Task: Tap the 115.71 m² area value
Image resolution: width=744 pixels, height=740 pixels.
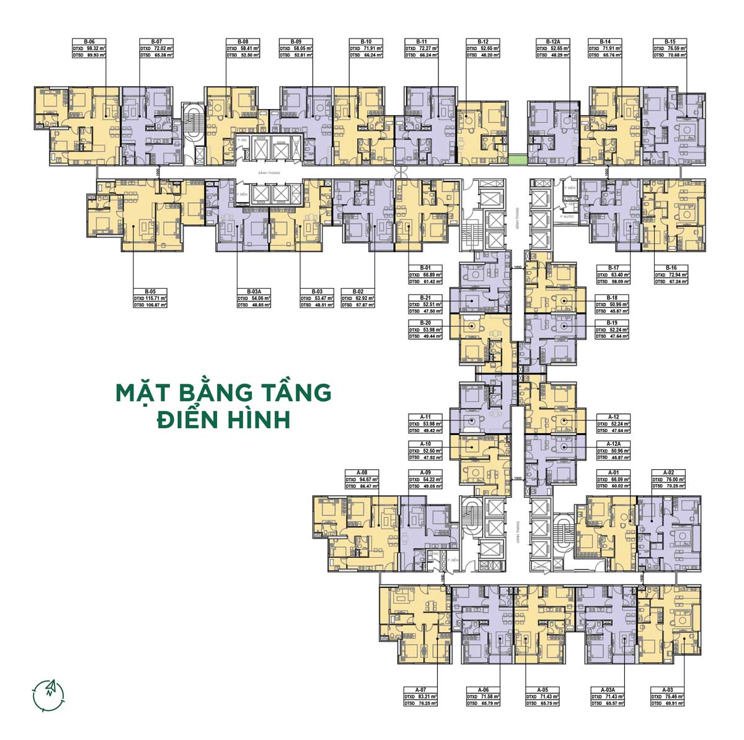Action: click(155, 298)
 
